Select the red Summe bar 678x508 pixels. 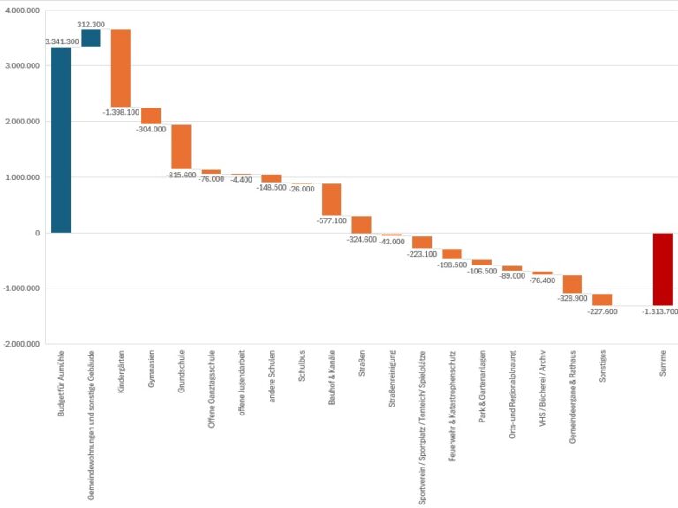point(662,269)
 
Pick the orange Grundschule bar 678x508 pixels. point(181,146)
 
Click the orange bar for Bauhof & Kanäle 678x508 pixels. point(331,199)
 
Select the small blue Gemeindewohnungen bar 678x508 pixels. point(91,38)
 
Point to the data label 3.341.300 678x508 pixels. point(62,41)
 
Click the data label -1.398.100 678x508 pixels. point(121,112)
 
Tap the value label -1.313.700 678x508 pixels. point(659,311)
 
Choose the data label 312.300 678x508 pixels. point(91,24)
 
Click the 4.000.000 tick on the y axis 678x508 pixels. point(22,11)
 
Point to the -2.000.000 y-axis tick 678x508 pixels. point(21,344)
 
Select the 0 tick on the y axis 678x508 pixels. point(37,233)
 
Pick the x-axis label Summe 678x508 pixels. point(663,367)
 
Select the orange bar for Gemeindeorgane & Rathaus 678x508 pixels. point(572,283)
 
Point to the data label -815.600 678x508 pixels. point(181,175)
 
